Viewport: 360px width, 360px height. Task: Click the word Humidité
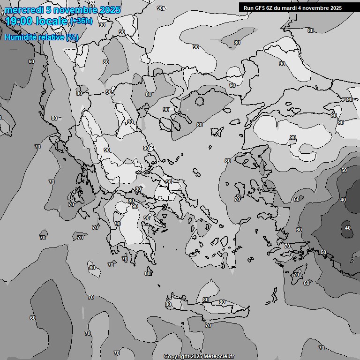(21, 37)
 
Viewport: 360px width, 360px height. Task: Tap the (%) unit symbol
(72, 37)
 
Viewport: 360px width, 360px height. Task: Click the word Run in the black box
(248, 8)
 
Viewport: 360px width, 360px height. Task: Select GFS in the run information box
(261, 8)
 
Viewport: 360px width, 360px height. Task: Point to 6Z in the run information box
(272, 8)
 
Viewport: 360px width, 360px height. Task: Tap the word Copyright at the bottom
(176, 356)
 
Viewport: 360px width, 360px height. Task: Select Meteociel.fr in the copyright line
(219, 356)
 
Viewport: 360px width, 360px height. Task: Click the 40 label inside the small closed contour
(347, 228)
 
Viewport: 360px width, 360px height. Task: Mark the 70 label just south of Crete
(208, 325)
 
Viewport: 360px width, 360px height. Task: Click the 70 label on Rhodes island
(296, 275)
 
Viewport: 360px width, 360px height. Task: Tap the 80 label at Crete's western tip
(168, 304)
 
